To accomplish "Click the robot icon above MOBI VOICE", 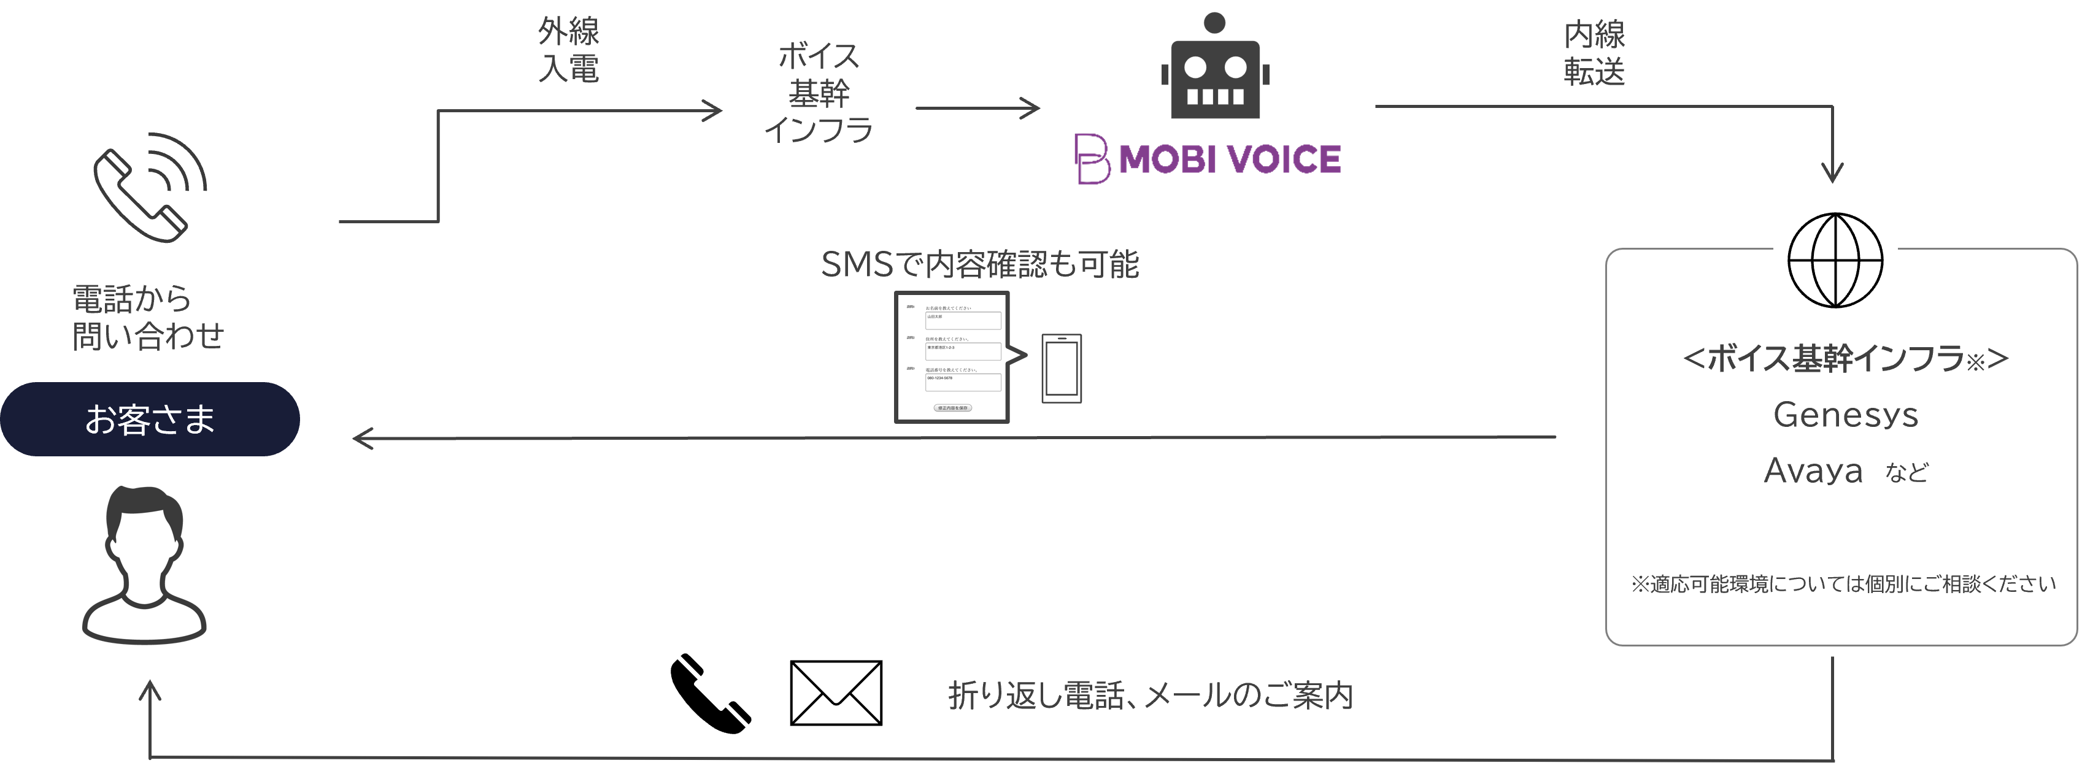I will pyautogui.click(x=1215, y=69).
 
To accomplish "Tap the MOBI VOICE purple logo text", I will pyautogui.click(x=1228, y=159).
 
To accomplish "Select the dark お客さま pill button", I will pyautogui.click(x=150, y=420).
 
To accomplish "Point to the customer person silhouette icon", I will pyautogui.click(x=145, y=565).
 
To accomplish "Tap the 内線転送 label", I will pyautogui.click(x=1594, y=53).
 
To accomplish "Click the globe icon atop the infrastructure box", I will pyautogui.click(x=1835, y=260).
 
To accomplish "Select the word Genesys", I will pyautogui.click(x=1845, y=415).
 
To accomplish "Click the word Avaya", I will pyautogui.click(x=1813, y=471).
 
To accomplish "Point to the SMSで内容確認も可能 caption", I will pyautogui.click(x=979, y=264).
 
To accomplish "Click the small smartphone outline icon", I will pyautogui.click(x=1061, y=369).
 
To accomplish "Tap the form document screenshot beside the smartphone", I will pyautogui.click(x=952, y=357).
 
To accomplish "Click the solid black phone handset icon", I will pyautogui.click(x=709, y=694).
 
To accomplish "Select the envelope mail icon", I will pyautogui.click(x=836, y=694).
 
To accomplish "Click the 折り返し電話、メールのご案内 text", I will pyautogui.click(x=1150, y=695).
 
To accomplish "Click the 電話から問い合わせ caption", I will pyautogui.click(x=147, y=318).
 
